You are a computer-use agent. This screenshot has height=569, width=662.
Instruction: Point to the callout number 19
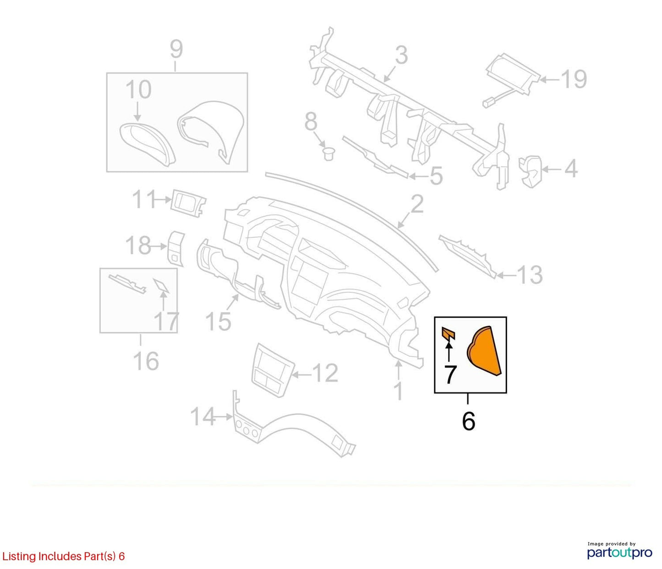[x=574, y=79]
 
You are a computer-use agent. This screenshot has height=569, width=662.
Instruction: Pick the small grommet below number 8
[x=328, y=154]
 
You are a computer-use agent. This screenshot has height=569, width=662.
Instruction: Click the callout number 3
[x=401, y=55]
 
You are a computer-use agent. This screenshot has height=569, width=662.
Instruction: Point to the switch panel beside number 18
[x=176, y=249]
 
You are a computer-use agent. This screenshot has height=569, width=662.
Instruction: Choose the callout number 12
[x=325, y=373]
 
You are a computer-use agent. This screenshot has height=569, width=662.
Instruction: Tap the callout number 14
[x=202, y=417]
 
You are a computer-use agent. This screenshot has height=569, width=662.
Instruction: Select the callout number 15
[x=218, y=321]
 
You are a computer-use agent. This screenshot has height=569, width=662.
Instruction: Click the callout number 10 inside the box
[x=138, y=89]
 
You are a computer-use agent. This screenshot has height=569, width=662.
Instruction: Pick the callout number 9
[x=176, y=49]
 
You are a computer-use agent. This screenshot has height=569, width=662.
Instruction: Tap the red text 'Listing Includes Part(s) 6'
[x=63, y=556]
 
